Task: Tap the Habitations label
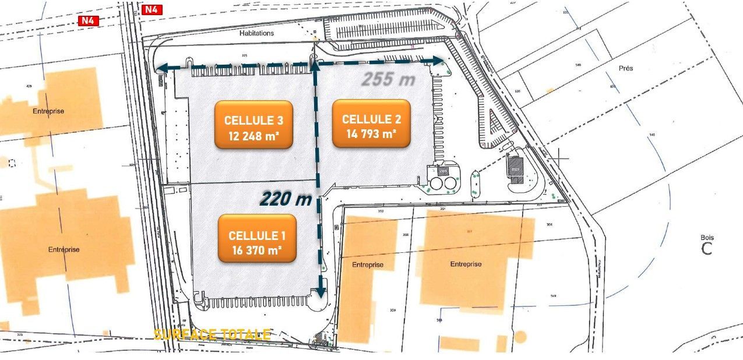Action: click(256, 33)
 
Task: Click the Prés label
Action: click(626, 68)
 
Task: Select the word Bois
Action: click(707, 238)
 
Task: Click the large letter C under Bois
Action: click(707, 249)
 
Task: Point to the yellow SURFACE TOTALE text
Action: click(212, 334)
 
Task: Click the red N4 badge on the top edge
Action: click(152, 9)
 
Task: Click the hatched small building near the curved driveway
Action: click(515, 167)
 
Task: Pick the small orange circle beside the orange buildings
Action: click(520, 337)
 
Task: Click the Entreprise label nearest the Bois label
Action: click(466, 264)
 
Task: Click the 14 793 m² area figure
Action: click(371, 133)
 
